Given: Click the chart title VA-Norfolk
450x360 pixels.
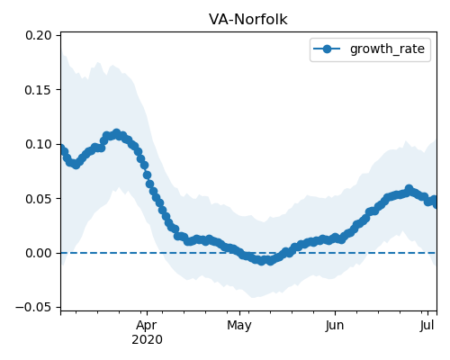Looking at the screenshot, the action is click(248, 20).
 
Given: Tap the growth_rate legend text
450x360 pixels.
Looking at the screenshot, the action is click(387, 49).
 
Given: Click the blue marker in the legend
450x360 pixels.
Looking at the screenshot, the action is click(327, 49).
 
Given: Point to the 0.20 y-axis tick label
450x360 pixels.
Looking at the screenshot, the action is click(39, 35).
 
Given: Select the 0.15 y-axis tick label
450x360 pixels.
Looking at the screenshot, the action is click(39, 90).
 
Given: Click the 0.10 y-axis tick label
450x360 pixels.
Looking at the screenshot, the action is click(39, 144).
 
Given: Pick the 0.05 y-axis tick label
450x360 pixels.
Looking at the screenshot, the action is click(39, 199).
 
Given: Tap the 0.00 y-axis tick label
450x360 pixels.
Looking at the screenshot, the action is click(39, 253).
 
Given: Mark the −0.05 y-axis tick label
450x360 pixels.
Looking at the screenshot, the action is click(33, 308).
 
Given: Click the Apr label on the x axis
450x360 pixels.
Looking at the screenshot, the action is click(147, 326).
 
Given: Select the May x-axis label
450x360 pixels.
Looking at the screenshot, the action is click(239, 326).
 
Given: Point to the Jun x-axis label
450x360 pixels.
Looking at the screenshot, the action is click(335, 326).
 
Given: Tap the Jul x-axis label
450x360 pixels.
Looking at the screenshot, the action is click(427, 326).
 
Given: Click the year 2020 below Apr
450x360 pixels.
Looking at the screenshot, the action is click(147, 340).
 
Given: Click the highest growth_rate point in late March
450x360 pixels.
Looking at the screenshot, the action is click(116, 132).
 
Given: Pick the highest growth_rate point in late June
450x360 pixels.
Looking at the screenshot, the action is click(409, 189).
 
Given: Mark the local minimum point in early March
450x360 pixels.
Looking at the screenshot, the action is click(76, 165).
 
